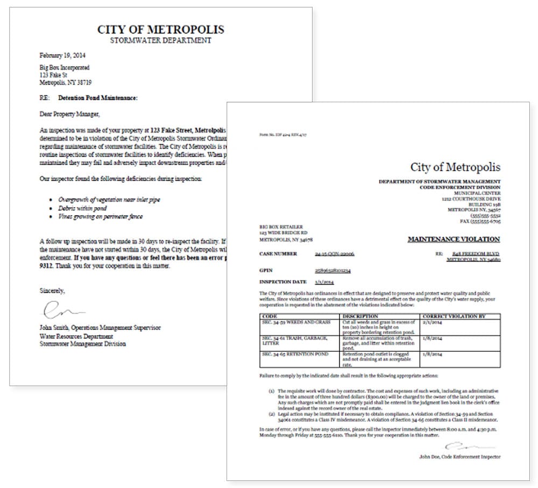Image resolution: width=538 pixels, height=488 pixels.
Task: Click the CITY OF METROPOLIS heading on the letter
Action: (160, 29)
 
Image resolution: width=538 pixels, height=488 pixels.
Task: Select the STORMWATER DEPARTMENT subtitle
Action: (160, 40)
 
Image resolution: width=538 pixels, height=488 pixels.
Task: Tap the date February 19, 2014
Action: (62, 55)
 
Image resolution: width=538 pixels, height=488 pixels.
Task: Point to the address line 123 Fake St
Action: (55, 75)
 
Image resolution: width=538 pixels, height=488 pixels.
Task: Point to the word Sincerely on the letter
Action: (52, 290)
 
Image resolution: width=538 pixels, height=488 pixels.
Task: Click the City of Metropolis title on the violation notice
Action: (455, 167)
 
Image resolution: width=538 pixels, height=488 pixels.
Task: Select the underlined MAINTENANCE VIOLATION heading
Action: (453, 239)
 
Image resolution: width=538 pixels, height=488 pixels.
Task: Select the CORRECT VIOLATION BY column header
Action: (454, 316)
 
